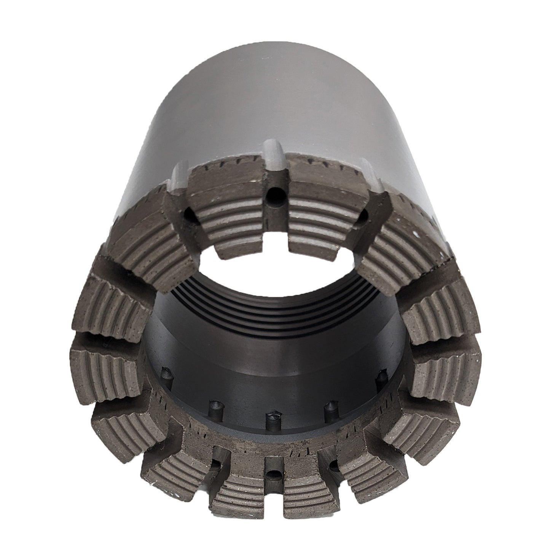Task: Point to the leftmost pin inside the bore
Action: pos(165,372)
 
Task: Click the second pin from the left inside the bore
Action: pos(215,403)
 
